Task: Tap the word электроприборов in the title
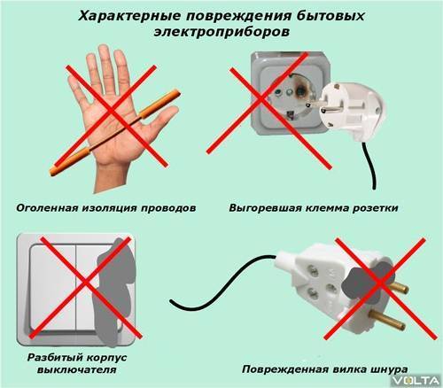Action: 221,32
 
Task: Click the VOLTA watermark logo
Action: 417,381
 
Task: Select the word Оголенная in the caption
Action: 47,208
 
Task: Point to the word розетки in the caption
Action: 376,208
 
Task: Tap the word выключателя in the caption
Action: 77,369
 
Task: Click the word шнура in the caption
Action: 388,369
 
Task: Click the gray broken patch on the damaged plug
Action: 368,282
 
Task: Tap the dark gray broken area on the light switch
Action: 113,292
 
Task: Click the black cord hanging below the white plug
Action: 369,166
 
